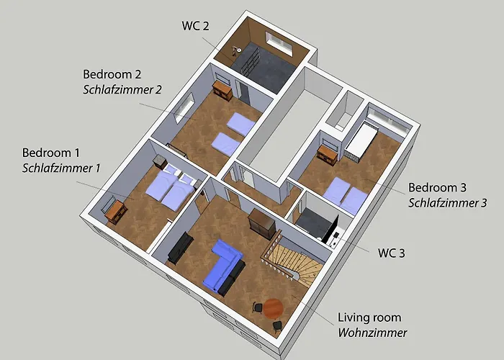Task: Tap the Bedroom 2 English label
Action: [x=112, y=74]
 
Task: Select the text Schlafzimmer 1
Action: [x=61, y=168]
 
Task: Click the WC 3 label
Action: [x=392, y=253]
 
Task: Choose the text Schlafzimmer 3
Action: [x=448, y=202]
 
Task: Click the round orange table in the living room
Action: [x=273, y=308]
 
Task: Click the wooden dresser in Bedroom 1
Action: [x=114, y=210]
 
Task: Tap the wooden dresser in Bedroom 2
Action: [x=221, y=91]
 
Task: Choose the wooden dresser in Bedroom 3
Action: [x=328, y=153]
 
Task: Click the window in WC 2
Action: [x=279, y=42]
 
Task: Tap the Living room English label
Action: [x=369, y=318]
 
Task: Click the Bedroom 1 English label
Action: [x=50, y=153]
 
